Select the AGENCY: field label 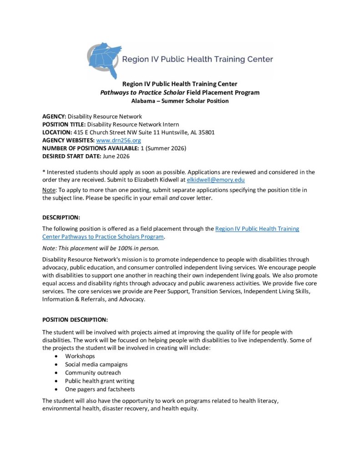pos(54,116)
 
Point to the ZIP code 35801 pos(205,132)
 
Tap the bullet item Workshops pos(80,356)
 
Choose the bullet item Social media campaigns pos(96,364)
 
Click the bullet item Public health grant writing pos(99,381)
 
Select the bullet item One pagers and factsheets pos(100,389)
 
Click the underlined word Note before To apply pos(49,190)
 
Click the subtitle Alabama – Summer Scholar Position pos(180,101)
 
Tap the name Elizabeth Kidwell pos(163,180)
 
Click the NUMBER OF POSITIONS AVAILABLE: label pos(91,148)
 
